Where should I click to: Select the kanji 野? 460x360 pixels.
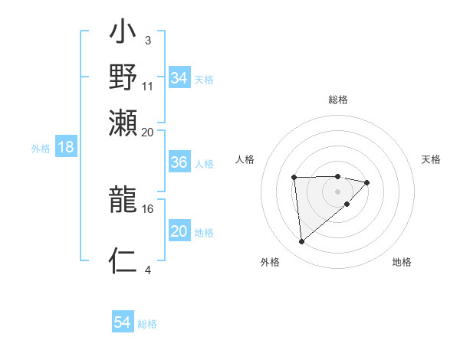[123, 77]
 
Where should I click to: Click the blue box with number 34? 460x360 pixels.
[179, 78]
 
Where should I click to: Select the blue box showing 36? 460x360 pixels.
[179, 163]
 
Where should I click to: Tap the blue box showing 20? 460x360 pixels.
[179, 232]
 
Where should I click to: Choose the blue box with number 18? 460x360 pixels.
[65, 148]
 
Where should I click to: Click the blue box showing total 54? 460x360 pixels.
[122, 323]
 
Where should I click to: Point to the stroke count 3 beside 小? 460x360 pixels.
[147, 39]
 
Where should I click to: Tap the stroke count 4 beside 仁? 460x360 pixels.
[147, 269]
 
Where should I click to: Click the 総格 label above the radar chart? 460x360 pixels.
[338, 100]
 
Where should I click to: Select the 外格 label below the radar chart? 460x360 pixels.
[270, 263]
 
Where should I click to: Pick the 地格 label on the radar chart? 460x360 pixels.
[402, 263]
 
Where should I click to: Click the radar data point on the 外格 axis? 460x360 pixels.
[302, 242]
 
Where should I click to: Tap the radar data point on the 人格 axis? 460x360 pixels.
[294, 178]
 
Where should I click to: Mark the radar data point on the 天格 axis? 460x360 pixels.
[367, 182]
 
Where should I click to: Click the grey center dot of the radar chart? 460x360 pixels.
[338, 191]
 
